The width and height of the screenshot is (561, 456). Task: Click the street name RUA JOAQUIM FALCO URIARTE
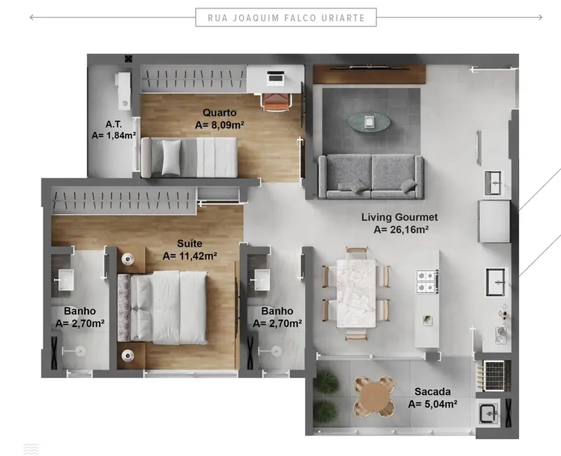tap(285, 18)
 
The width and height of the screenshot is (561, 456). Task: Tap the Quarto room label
tap(219, 112)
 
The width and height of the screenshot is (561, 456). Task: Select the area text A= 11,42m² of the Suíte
tap(190, 255)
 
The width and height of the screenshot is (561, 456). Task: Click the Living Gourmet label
tap(400, 217)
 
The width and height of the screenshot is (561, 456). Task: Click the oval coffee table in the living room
tap(371, 122)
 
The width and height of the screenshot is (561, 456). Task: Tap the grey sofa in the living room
tap(370, 176)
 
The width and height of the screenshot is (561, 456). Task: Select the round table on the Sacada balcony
tap(373, 397)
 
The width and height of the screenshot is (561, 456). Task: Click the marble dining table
tap(356, 293)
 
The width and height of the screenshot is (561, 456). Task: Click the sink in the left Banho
tap(67, 279)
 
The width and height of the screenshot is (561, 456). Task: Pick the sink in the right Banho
tap(264, 279)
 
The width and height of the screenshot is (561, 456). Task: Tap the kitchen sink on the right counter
tap(497, 282)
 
